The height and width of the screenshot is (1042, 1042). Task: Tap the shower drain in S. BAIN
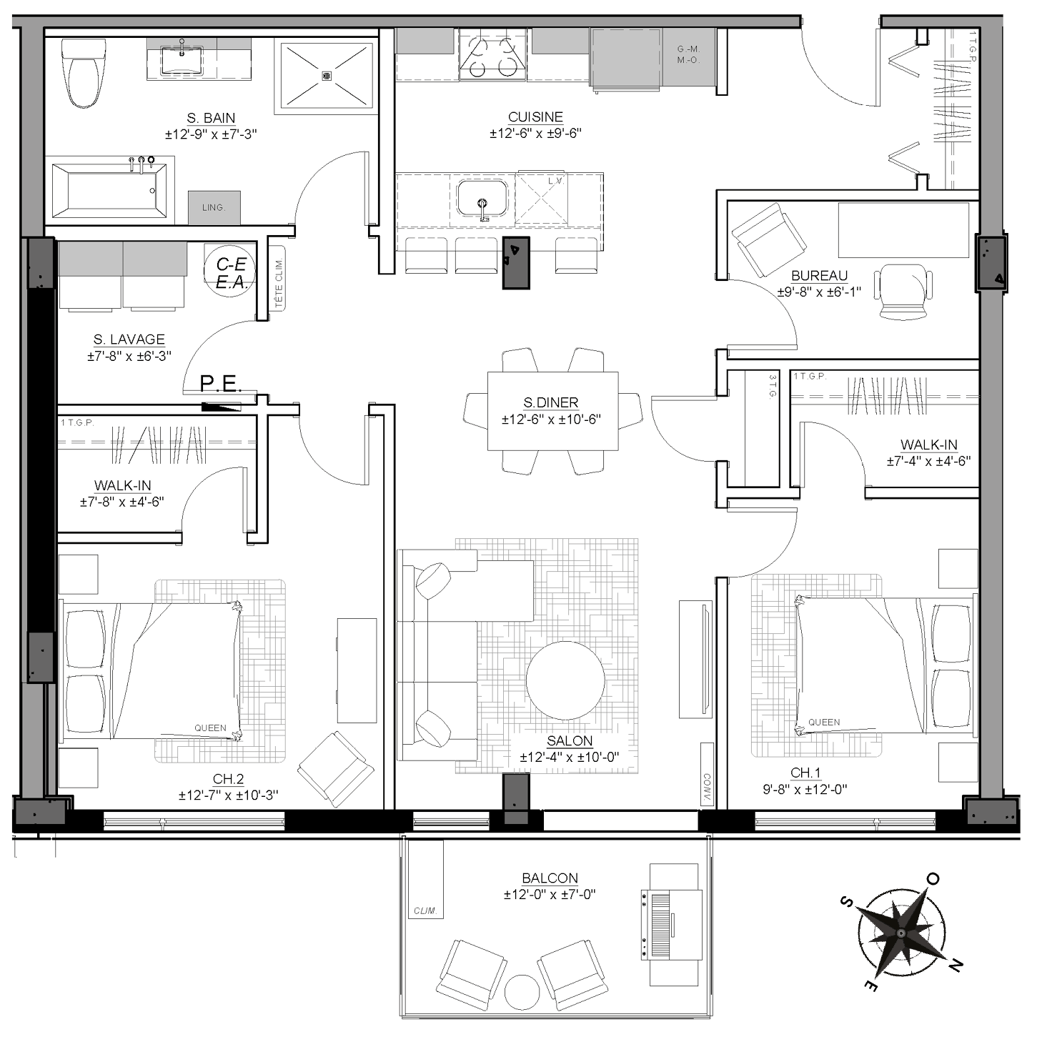pyautogui.click(x=326, y=76)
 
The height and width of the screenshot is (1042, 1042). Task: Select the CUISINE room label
pyautogui.click(x=535, y=116)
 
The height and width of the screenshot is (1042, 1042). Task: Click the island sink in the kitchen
pyautogui.click(x=482, y=199)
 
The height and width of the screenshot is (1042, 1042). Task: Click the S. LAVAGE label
pyautogui.click(x=129, y=339)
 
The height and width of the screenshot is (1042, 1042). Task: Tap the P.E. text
pyautogui.click(x=219, y=383)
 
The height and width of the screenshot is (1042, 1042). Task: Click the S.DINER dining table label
pyautogui.click(x=550, y=403)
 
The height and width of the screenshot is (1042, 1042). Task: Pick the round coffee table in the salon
pyautogui.click(x=565, y=680)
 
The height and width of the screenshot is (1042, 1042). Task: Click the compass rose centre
pyautogui.click(x=901, y=934)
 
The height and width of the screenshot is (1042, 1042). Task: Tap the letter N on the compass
pyautogui.click(x=956, y=965)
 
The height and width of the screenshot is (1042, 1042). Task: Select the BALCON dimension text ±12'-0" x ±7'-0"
pyautogui.click(x=550, y=894)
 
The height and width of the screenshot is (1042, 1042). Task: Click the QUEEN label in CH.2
pyautogui.click(x=210, y=728)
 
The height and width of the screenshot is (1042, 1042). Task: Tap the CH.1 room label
pyautogui.click(x=805, y=773)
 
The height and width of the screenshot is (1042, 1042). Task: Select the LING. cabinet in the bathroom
pyautogui.click(x=214, y=208)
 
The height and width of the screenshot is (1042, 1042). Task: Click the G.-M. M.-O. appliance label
pyautogui.click(x=688, y=54)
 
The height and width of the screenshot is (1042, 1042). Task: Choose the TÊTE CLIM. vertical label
pyautogui.click(x=279, y=283)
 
